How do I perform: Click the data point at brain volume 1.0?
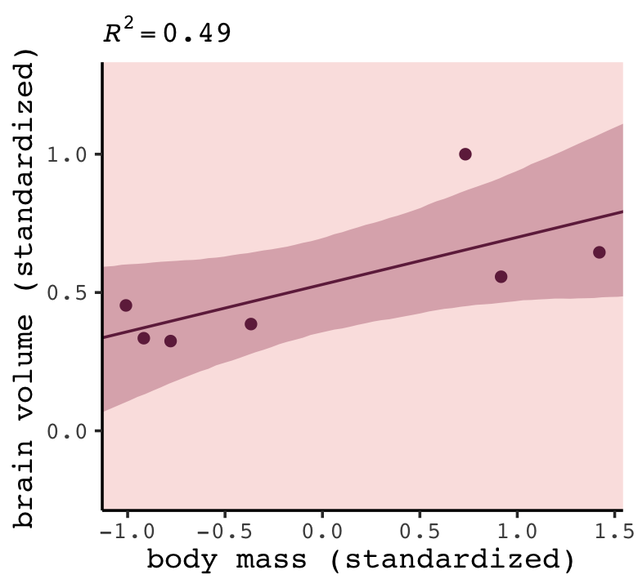[x=465, y=154]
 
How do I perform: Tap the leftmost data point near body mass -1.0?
[x=126, y=305]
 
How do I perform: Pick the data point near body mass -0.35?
[x=251, y=324]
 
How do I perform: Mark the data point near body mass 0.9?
[x=501, y=277]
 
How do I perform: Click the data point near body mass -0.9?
[x=144, y=338]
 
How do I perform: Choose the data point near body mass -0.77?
[x=170, y=341]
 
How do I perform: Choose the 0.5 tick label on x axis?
[x=420, y=531]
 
